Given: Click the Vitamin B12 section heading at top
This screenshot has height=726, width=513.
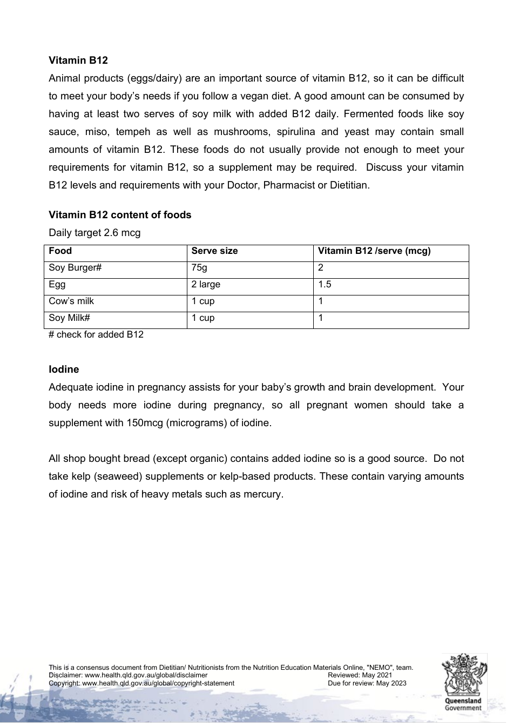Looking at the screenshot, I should pos(78,60).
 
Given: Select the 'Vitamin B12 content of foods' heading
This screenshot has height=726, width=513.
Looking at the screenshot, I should pos(120,215).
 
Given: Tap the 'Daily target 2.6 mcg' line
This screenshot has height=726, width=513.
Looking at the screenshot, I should pos(94,233).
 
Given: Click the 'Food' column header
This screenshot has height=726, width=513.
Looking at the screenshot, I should pos(60,251).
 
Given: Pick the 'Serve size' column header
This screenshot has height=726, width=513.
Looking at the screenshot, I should pos(214,251).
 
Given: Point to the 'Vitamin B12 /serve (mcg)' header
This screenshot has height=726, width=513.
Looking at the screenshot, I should pos(374,251).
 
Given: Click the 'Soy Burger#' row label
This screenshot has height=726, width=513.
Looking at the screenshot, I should pos(75,268).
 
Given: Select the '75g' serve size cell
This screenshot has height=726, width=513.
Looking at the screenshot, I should pos(199,268).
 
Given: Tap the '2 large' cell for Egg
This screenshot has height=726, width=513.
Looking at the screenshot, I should pos(206,285).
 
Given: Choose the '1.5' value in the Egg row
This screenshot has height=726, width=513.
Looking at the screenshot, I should pos(325,285).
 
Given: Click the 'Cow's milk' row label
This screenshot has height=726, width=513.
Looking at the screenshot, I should pos(71,301).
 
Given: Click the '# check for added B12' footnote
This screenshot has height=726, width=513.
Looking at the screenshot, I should pos(96,334).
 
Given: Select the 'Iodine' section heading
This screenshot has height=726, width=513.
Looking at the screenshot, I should pos(64,369).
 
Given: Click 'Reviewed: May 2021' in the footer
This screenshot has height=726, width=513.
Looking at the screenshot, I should pos(360,675).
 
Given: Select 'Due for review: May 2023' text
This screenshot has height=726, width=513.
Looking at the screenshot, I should pos(367,683).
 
